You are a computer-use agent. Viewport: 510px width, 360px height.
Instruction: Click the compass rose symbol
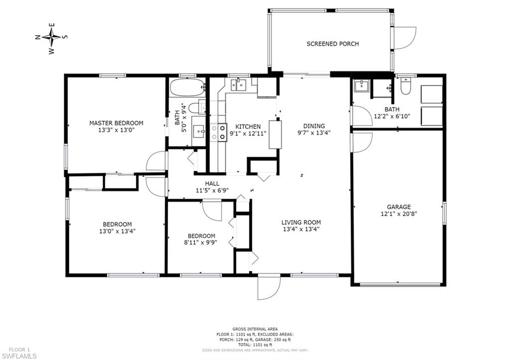coord(51,37)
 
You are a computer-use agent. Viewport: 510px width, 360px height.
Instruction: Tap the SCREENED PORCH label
coord(332,44)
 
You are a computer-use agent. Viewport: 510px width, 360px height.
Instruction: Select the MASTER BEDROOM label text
coord(116,123)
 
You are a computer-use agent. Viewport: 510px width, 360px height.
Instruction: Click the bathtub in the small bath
coord(187,88)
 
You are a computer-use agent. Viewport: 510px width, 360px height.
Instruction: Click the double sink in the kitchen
coord(240,85)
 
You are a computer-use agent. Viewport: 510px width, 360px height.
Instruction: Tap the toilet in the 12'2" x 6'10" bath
coord(406,88)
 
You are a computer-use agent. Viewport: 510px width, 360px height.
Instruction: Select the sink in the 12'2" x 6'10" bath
coord(361,87)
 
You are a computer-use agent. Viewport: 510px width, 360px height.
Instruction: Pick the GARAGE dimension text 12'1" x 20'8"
coord(399,214)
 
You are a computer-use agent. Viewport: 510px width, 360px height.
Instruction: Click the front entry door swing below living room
coord(269,288)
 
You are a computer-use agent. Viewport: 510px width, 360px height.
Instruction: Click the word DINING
coord(314,126)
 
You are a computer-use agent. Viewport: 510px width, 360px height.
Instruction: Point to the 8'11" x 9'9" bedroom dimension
coord(201,243)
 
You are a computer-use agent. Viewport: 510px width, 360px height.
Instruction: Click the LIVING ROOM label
coord(301,223)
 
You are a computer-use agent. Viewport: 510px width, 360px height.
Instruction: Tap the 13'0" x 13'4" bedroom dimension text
coord(118,231)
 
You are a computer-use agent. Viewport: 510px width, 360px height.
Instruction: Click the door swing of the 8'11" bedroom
coord(211,210)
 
